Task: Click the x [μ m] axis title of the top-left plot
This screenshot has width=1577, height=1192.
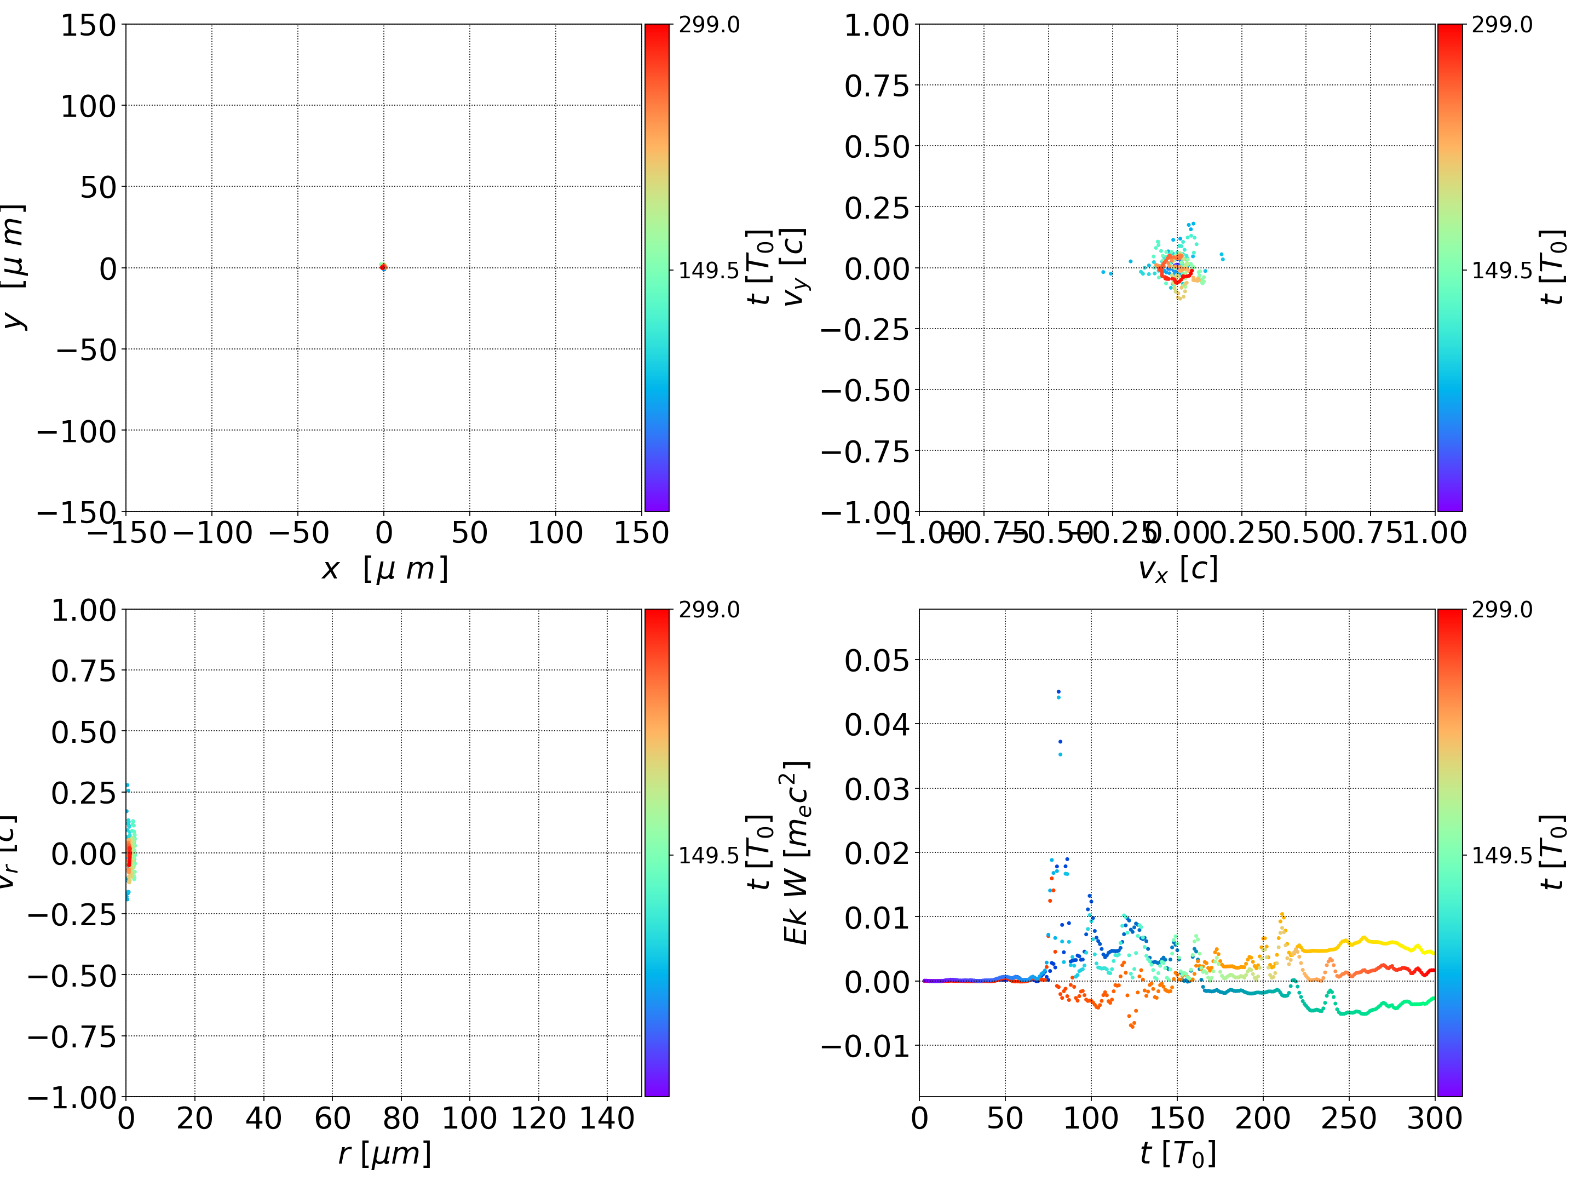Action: [385, 569]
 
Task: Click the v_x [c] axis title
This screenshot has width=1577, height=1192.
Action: [1177, 569]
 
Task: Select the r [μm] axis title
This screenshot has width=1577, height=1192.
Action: [385, 1154]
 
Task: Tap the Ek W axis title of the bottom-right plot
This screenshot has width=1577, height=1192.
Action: [796, 852]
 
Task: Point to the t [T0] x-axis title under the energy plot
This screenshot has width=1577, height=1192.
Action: [1177, 1154]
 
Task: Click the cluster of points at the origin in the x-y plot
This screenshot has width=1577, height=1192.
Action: [383, 267]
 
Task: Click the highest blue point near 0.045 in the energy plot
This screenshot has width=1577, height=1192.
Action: [1058, 691]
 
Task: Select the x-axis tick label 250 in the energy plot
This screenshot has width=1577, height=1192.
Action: [1348, 1118]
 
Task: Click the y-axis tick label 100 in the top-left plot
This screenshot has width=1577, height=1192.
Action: [88, 106]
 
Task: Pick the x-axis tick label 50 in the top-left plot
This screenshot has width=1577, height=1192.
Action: [469, 533]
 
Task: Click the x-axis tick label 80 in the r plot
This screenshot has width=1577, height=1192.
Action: [401, 1118]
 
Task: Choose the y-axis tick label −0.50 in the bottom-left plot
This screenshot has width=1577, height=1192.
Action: [71, 976]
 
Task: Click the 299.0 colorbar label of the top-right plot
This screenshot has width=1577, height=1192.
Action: [1501, 25]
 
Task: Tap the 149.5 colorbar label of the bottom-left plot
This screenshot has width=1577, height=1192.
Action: [709, 855]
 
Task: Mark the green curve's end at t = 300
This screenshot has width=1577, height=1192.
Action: [1432, 999]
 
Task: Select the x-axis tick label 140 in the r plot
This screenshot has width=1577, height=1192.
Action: [607, 1118]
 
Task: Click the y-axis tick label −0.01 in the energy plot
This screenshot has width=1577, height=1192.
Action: [866, 1046]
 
